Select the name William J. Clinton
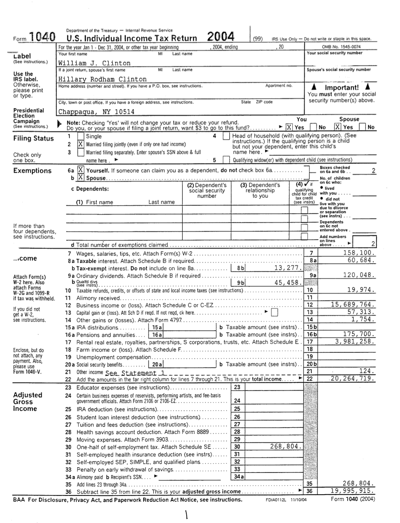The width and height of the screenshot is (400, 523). (95, 63)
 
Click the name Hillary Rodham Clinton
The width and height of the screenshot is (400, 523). (102, 79)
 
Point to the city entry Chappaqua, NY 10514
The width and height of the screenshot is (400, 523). (97, 112)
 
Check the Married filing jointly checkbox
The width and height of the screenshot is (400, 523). (81, 144)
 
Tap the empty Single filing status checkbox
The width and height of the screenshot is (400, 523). (81, 137)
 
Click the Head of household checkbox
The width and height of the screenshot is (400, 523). (226, 137)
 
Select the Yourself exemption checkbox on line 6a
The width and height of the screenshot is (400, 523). (81, 170)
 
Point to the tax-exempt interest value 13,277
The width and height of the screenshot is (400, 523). (288, 268)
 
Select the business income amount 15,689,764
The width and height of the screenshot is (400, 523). (353, 304)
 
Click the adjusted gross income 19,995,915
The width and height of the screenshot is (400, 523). (353, 491)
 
